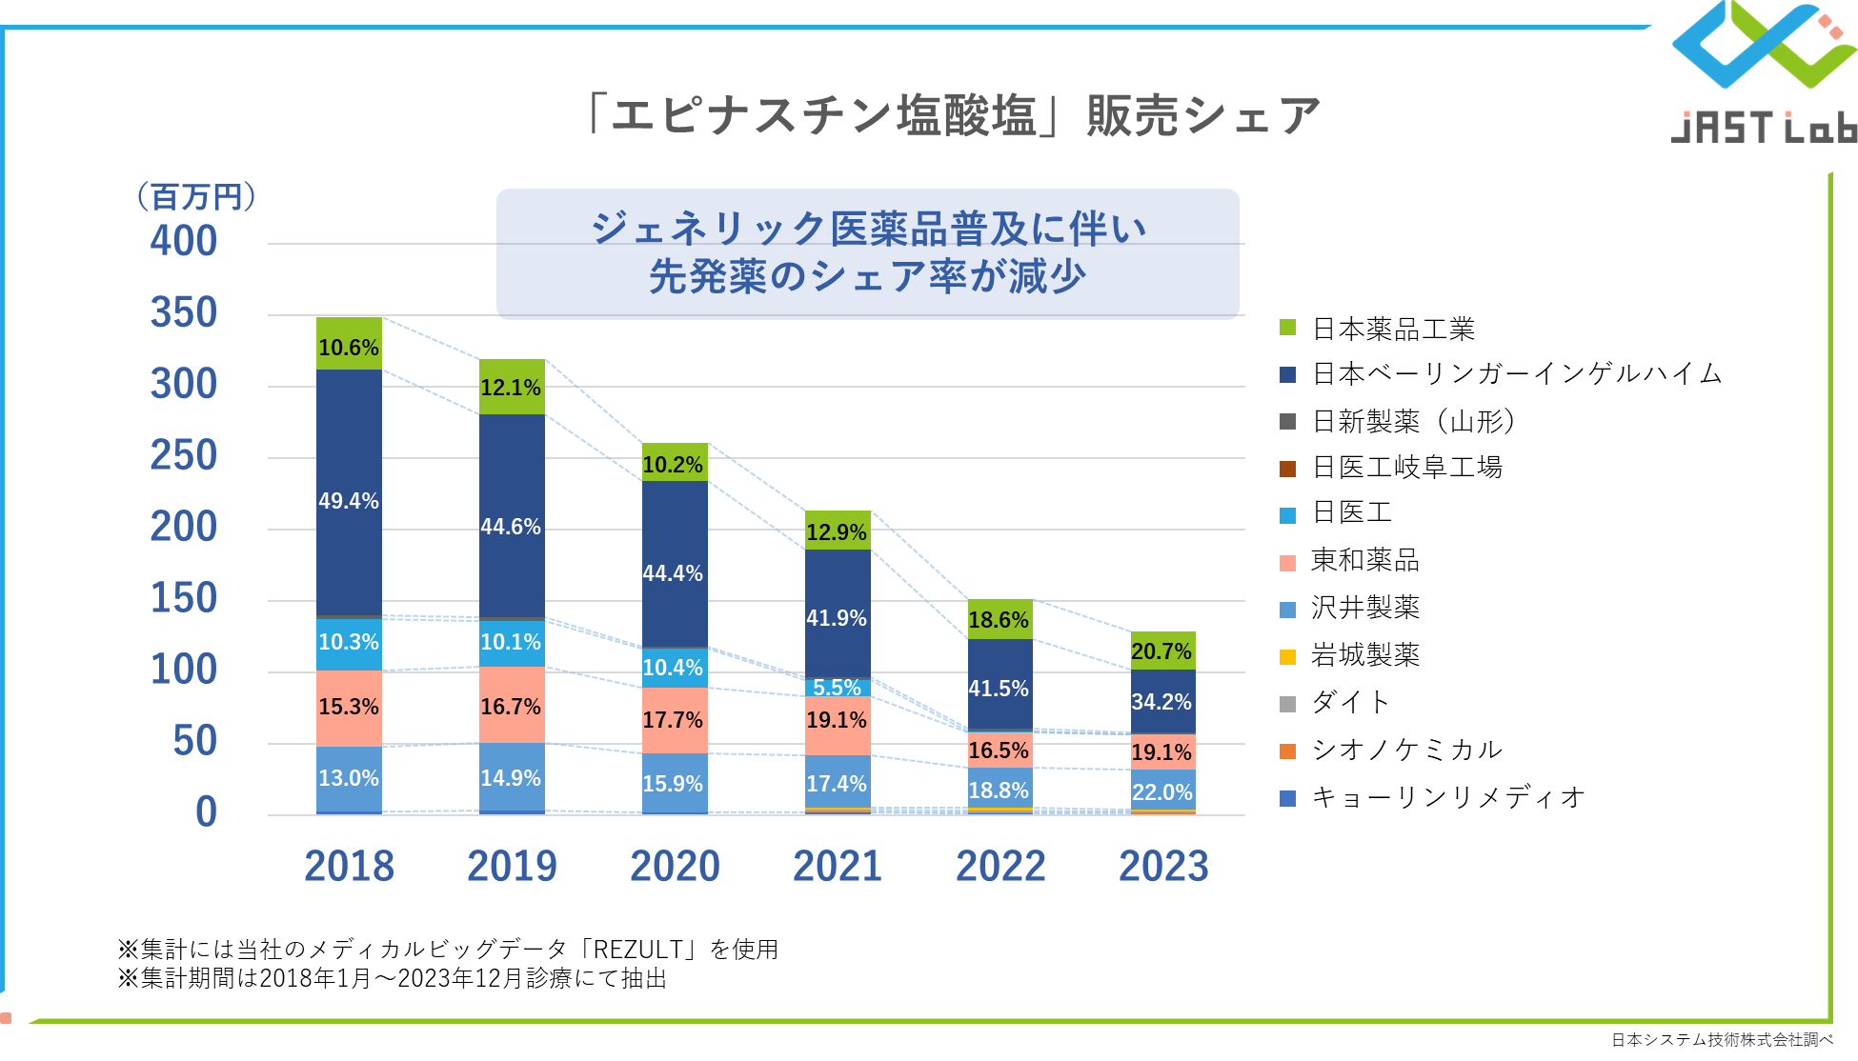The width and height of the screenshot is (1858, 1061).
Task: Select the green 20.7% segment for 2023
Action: [1162, 651]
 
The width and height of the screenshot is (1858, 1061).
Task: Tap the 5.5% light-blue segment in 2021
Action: [838, 688]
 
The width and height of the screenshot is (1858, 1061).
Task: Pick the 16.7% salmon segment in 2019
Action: [512, 706]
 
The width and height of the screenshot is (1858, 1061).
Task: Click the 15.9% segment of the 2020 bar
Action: [674, 784]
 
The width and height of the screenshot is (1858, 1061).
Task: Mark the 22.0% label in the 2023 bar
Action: [1162, 792]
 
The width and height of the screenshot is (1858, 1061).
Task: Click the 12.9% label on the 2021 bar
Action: [837, 532]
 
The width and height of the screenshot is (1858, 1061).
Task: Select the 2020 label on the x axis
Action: [675, 867]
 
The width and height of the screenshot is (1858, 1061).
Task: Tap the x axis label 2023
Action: [1163, 867]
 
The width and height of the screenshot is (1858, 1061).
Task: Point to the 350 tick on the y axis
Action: [184, 313]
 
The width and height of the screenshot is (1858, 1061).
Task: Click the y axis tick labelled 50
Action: [195, 741]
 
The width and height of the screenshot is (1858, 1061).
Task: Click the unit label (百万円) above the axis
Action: [196, 197]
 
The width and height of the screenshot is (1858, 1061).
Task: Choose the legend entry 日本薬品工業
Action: [1393, 330]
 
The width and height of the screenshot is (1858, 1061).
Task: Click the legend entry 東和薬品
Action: [1364, 560]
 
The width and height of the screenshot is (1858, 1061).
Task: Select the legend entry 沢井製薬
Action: [1364, 608]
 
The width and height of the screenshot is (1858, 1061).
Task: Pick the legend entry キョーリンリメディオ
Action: [1448, 797]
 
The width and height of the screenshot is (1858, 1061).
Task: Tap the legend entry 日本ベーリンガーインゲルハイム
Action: [1517, 374]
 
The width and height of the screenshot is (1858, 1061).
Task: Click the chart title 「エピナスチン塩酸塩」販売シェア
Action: [953, 116]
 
